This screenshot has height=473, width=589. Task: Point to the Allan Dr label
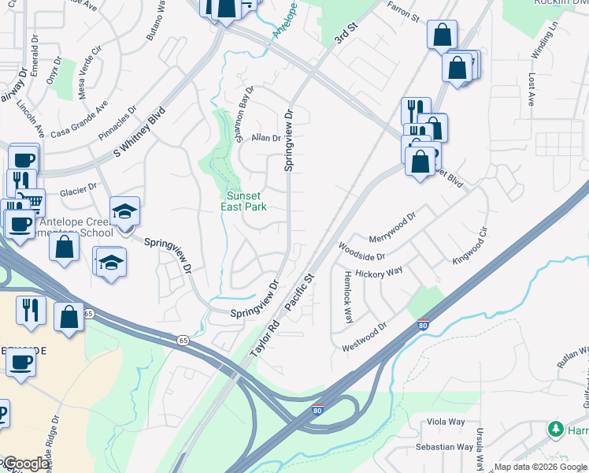click(266, 138)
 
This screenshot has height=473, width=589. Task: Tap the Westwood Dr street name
click(365, 337)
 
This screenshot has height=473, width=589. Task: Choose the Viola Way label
click(446, 422)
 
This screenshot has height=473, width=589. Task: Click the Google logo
click(27, 464)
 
